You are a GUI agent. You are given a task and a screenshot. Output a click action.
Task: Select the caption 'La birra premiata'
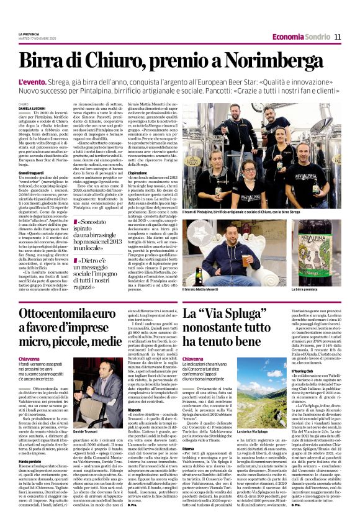tap(305, 289)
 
